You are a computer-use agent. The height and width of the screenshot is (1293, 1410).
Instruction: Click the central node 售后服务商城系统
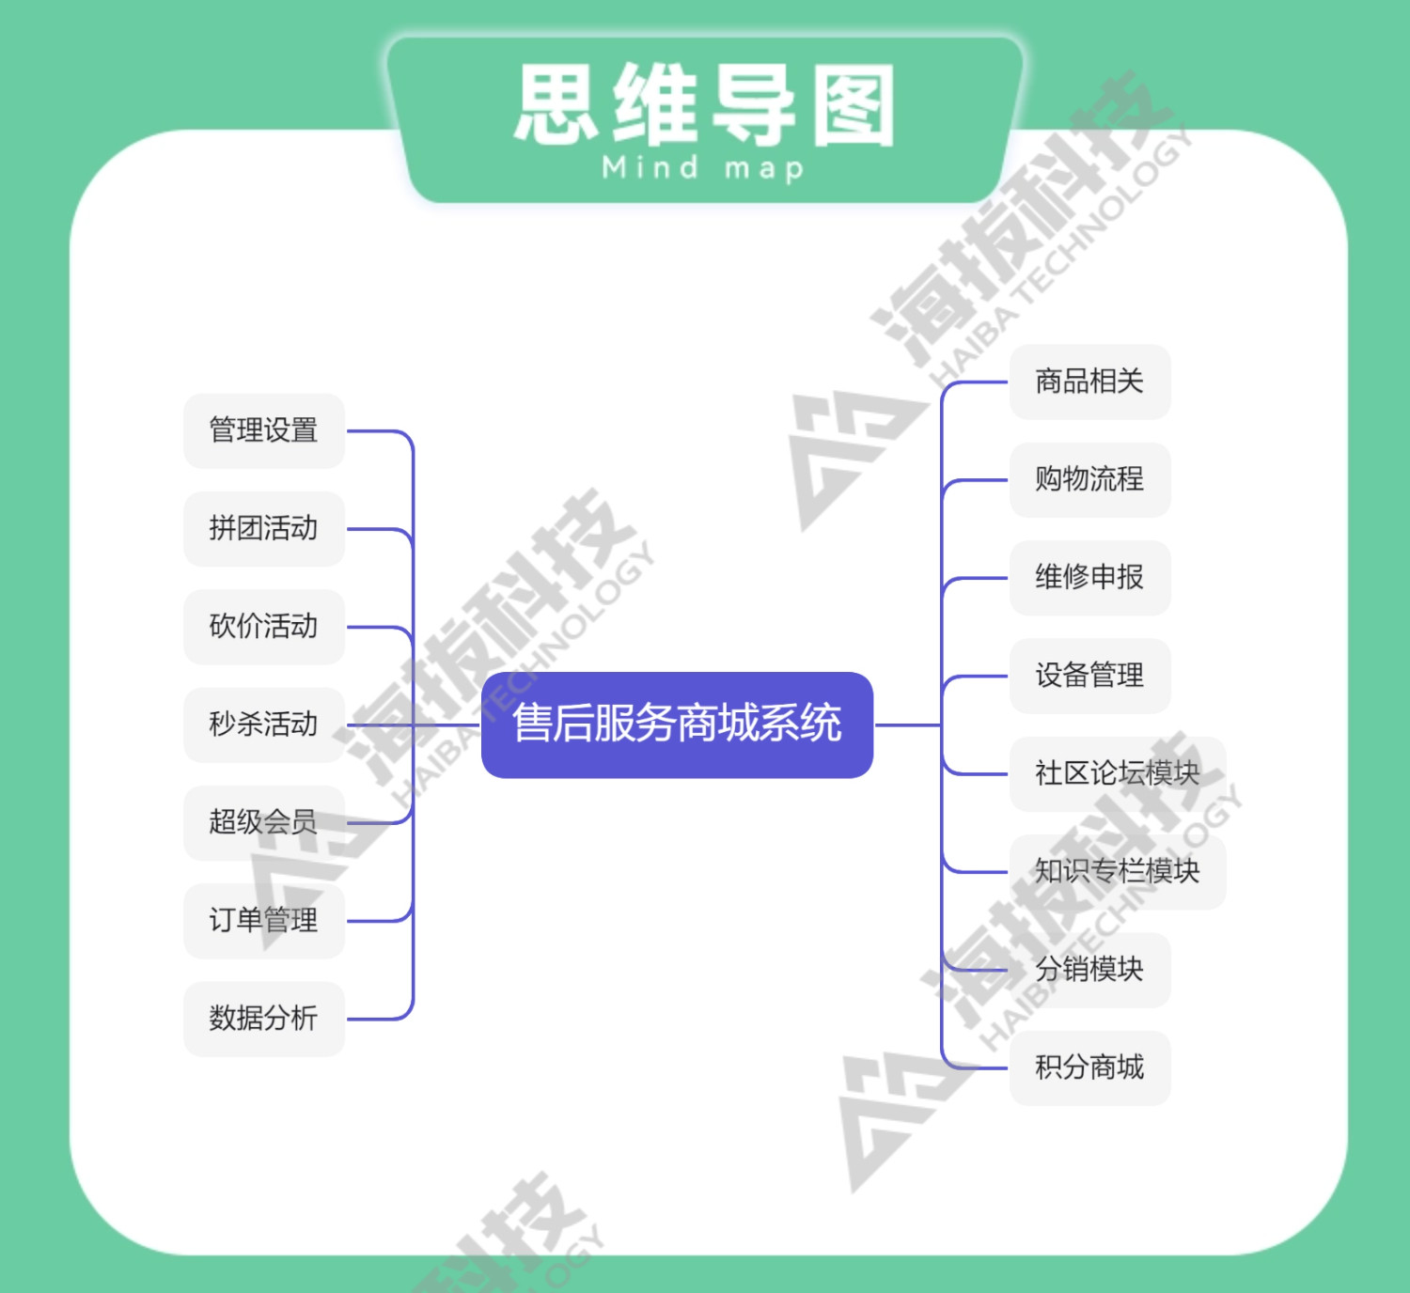[677, 724]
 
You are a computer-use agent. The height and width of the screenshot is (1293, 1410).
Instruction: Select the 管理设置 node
[263, 430]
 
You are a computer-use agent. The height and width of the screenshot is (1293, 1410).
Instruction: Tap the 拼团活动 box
[263, 528]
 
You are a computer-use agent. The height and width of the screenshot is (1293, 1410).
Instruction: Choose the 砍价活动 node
[263, 626]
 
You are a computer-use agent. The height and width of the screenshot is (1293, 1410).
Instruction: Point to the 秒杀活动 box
[263, 724]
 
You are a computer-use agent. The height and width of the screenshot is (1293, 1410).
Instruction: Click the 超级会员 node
[263, 822]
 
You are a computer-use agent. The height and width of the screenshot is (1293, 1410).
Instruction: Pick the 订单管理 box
[263, 920]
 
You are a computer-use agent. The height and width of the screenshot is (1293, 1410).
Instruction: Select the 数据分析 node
[263, 1019]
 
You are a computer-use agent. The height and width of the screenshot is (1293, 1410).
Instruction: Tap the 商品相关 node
[1089, 382]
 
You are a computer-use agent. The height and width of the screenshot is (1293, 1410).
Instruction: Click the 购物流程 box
[1089, 479]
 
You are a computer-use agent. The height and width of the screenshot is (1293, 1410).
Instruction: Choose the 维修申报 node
[1089, 577]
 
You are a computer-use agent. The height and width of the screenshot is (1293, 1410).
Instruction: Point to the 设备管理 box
[1089, 676]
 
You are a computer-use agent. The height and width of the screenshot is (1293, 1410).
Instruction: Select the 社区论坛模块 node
[1117, 773]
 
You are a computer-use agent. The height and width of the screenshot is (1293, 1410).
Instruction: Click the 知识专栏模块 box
[1117, 871]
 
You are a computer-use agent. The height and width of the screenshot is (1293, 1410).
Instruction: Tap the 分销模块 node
[1089, 969]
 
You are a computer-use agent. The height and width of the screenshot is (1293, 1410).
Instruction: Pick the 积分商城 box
[1089, 1067]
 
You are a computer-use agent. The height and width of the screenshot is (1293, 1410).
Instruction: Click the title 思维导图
[705, 105]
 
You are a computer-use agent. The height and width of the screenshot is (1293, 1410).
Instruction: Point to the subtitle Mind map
[703, 168]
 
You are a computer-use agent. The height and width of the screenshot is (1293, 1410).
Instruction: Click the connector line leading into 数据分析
[376, 1019]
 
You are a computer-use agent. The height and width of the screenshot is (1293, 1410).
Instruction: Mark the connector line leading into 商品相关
[978, 382]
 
